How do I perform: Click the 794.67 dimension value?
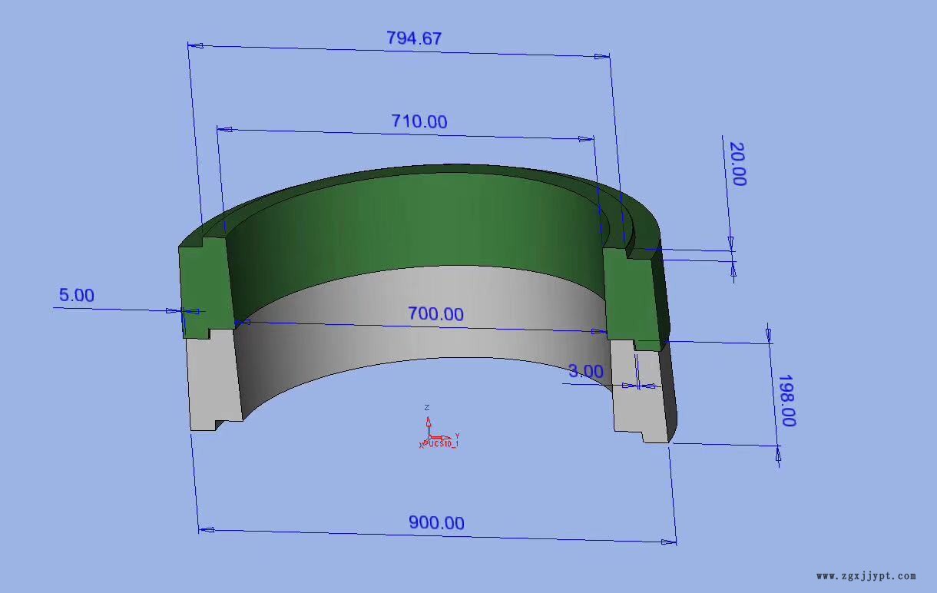414,38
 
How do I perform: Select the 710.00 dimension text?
419,121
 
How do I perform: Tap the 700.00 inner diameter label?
436,314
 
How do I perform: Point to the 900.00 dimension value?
436,522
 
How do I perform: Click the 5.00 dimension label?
77,295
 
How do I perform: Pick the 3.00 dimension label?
585,371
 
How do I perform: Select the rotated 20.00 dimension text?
738,164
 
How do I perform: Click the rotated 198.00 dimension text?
786,400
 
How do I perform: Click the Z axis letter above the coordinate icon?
427,407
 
